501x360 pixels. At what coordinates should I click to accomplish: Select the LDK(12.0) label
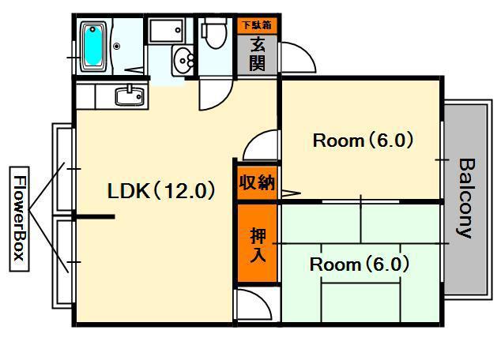pyautogui.click(x=161, y=190)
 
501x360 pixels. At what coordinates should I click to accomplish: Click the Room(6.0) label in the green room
pyautogui.click(x=360, y=264)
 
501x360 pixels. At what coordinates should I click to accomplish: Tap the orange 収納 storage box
pyautogui.click(x=257, y=182)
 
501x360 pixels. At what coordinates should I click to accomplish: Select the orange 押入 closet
pyautogui.click(x=257, y=244)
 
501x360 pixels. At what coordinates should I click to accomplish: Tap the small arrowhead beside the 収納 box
pyautogui.click(x=290, y=192)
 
